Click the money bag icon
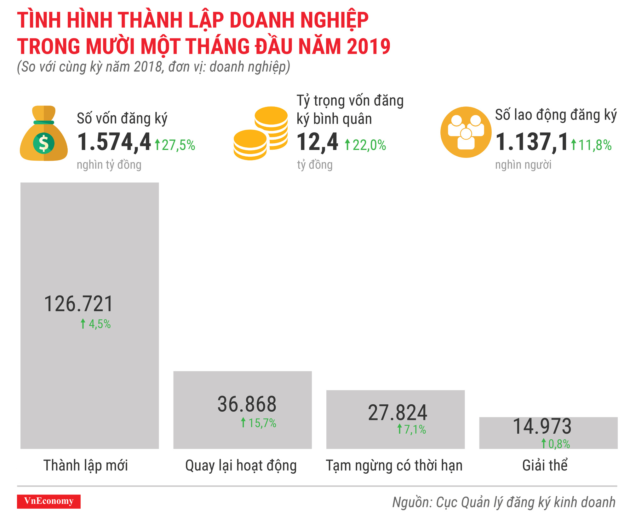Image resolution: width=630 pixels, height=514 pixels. click(x=43, y=134)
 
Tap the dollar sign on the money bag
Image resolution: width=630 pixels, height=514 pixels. click(x=44, y=143)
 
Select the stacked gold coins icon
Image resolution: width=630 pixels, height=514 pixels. click(x=261, y=134)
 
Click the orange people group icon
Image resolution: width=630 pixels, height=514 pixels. click(x=466, y=132)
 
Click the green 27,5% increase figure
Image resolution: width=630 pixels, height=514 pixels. click(x=175, y=145)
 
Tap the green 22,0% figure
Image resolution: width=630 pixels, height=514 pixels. click(x=365, y=145)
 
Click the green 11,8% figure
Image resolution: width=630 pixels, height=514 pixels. click(x=591, y=145)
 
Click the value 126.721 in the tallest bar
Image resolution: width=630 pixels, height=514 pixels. click(x=78, y=304)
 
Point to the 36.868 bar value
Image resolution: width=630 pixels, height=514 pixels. click(x=247, y=404)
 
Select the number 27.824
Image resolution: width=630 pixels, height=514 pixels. click(x=398, y=413)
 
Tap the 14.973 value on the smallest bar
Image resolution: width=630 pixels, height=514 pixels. click(x=542, y=426)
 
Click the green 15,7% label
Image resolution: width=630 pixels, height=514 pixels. click(x=259, y=423)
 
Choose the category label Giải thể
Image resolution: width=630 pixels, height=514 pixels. click(x=545, y=465)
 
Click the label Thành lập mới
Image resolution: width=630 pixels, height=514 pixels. click(x=86, y=465)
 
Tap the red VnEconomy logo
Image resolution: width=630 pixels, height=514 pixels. click(x=49, y=501)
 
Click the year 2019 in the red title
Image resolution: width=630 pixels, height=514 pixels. click(x=369, y=46)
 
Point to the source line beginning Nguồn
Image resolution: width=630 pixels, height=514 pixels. click(x=503, y=502)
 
